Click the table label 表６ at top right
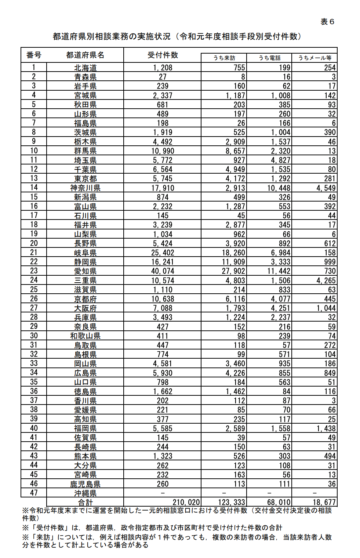pyautogui.click(x=327, y=22)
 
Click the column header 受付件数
pyautogui.click(x=163, y=55)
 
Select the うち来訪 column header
pyautogui.click(x=224, y=58)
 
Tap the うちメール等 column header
pyautogui.click(x=314, y=58)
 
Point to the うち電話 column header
pyautogui.click(x=269, y=58)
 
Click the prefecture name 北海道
pyautogui.click(x=86, y=68)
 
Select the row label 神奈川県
pyautogui.click(x=86, y=188)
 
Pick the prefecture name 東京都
pyautogui.click(x=86, y=179)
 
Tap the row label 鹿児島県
pyautogui.click(x=86, y=484)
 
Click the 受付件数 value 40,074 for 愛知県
pyautogui.click(x=163, y=271)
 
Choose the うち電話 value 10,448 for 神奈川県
pyautogui.click(x=279, y=188)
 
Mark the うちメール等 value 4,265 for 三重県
pyautogui.click(x=326, y=280)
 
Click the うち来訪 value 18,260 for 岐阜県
pyautogui.click(x=233, y=253)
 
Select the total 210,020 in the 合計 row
pyautogui.click(x=186, y=502)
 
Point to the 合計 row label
pyautogui.click(x=86, y=502)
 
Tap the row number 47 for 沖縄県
pyautogui.click(x=34, y=493)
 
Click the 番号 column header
pyautogui.click(x=34, y=55)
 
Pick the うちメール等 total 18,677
pyautogui.click(x=324, y=502)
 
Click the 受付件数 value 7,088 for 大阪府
pyautogui.click(x=163, y=308)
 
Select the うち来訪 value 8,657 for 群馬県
pyautogui.click(x=235, y=151)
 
